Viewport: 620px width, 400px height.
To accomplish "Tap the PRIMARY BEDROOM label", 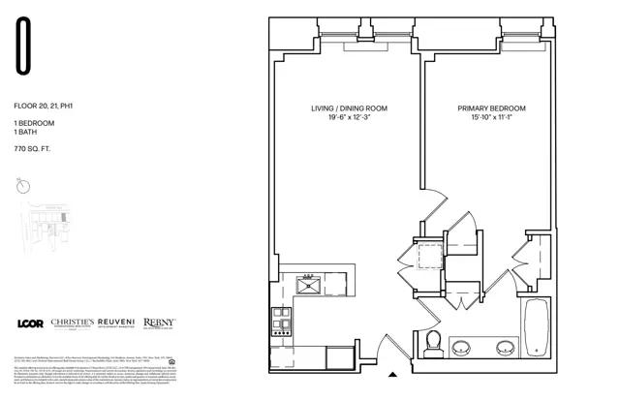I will tap(487, 108).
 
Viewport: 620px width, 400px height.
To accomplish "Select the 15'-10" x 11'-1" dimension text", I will tap(487, 118).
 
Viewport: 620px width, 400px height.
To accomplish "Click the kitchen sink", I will tap(310, 284).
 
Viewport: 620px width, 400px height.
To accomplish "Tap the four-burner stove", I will tap(282, 321).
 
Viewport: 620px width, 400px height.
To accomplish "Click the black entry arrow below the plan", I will tap(392, 374).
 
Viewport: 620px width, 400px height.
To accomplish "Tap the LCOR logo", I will tap(31, 323).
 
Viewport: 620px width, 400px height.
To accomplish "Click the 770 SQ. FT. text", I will tap(33, 150).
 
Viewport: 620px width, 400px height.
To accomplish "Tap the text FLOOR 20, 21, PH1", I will tap(44, 103).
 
